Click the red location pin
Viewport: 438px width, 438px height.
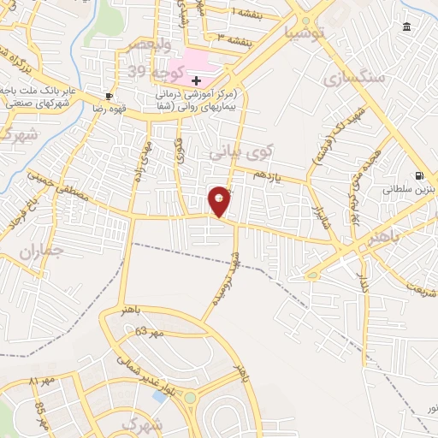point(220,201)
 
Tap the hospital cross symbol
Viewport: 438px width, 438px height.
point(196,80)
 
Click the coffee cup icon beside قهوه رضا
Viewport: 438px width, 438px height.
point(109,96)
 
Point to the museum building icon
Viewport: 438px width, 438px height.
point(405,28)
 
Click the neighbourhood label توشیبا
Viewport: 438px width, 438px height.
point(305,33)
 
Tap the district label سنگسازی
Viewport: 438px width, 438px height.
point(356,77)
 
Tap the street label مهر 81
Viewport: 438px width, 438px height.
point(40,379)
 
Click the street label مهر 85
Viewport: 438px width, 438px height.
point(39,409)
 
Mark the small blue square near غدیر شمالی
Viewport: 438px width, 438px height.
point(159,396)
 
